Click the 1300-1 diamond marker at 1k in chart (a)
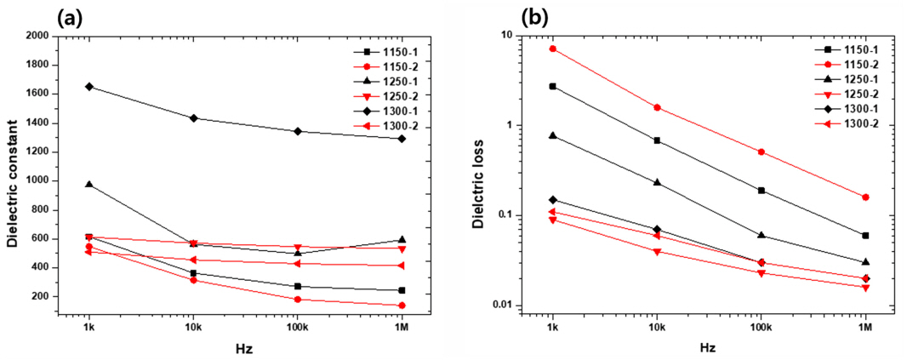pyautogui.click(x=88, y=87)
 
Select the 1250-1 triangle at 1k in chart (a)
pyautogui.click(x=88, y=184)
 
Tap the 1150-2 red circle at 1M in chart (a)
pyautogui.click(x=402, y=306)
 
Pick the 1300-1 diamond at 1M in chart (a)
pyautogui.click(x=402, y=139)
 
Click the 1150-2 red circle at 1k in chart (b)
pyautogui.click(x=553, y=49)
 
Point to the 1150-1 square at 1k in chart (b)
pyautogui.click(x=553, y=86)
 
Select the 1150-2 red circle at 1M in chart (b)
pyautogui.click(x=865, y=197)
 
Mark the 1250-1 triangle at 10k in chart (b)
pyautogui.click(x=657, y=182)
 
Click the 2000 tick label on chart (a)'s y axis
pyautogui.click(x=37, y=36)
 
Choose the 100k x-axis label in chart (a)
pyautogui.click(x=297, y=328)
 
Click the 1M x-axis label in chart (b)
pyautogui.click(x=865, y=328)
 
